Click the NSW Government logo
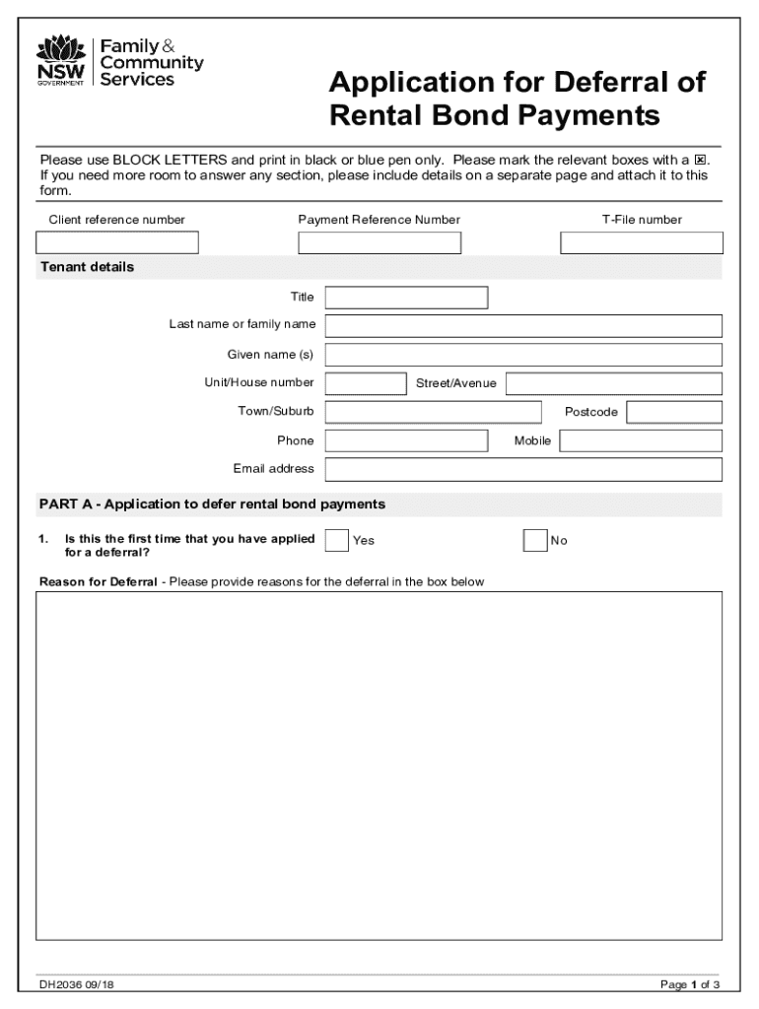point(61,61)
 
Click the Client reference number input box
point(117,242)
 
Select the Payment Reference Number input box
point(379,242)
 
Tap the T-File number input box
point(642,242)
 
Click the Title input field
point(406,298)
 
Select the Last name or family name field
point(523,326)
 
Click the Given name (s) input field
point(523,355)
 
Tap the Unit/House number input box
point(365,383)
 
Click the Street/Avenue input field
point(614,383)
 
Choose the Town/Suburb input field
point(433,412)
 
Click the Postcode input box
point(674,412)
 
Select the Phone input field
point(406,440)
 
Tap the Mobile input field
point(641,440)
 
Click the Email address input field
point(523,469)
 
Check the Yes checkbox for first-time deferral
point(336,540)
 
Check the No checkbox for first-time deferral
point(534,540)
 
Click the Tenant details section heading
point(87,267)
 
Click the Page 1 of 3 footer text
point(690,984)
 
